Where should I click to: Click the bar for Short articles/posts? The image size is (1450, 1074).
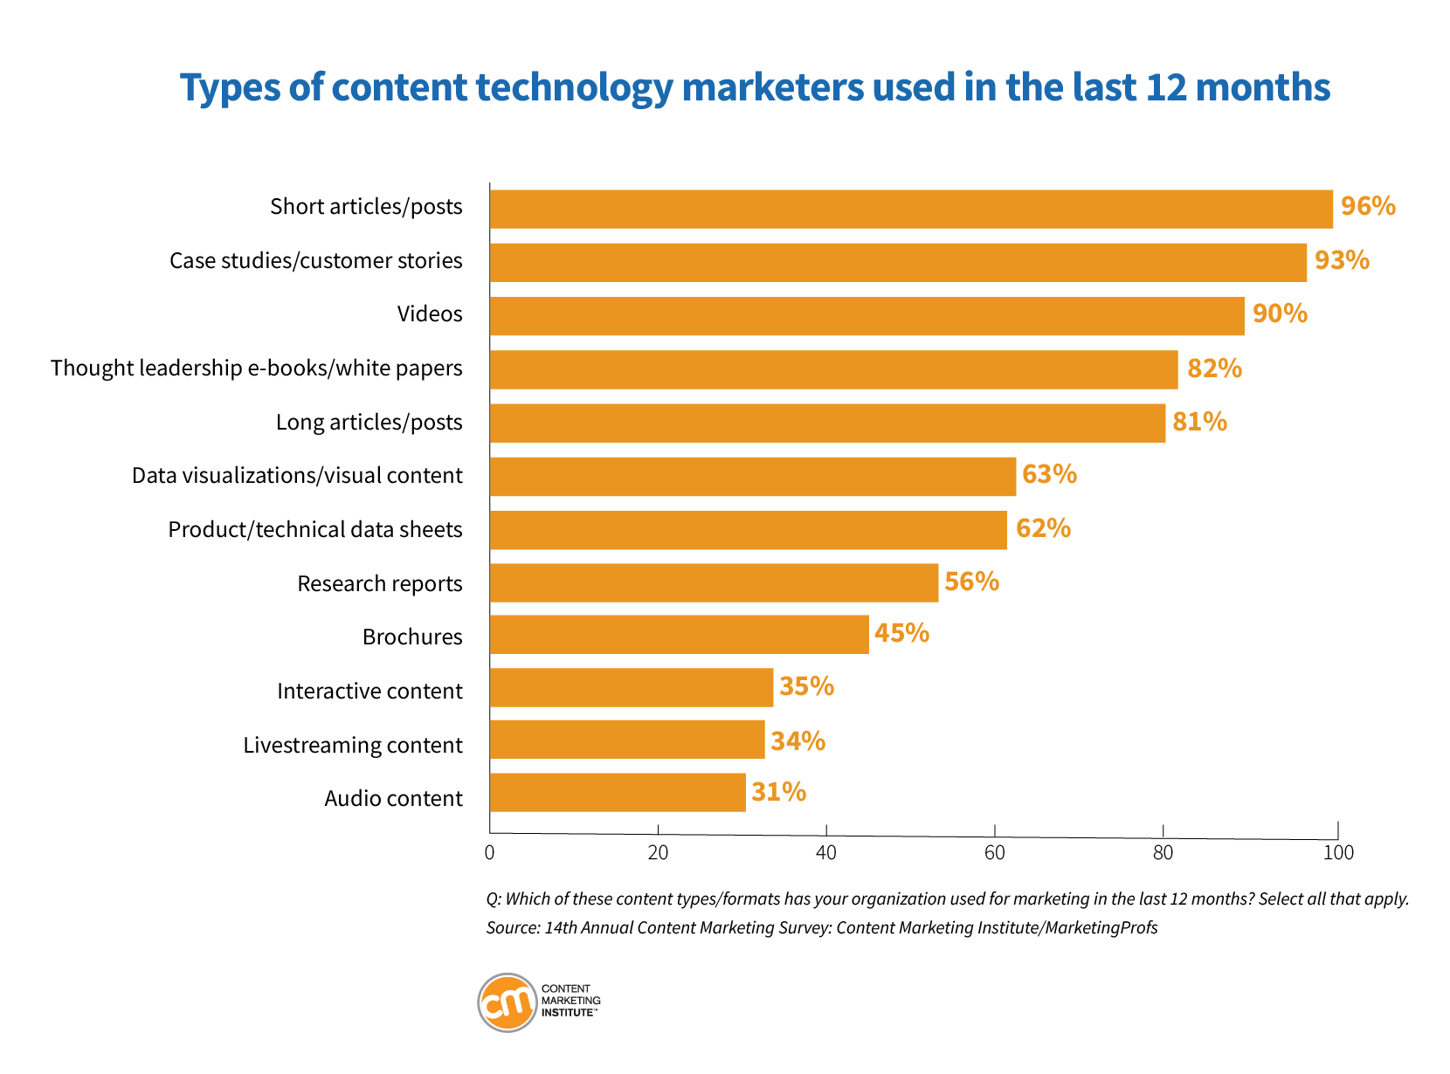[911, 210]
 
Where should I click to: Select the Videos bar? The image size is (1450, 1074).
[867, 316]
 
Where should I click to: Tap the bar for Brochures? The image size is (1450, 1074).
[679, 635]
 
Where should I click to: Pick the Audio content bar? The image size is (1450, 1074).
[618, 793]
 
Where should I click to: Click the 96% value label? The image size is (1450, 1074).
[1368, 207]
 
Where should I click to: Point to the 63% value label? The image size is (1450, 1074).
[1049, 475]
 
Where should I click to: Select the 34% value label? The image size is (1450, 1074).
[797, 741]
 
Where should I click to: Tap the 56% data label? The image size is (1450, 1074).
[971, 582]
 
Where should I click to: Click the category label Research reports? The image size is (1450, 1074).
[379, 583]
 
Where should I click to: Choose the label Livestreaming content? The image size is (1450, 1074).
[352, 745]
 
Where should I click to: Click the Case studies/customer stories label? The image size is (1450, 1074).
[315, 261]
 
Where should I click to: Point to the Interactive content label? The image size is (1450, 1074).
[369, 691]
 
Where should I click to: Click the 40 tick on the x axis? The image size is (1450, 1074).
[825, 853]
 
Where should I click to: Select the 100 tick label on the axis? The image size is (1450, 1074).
[1337, 853]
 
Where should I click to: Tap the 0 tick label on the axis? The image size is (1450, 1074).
[489, 853]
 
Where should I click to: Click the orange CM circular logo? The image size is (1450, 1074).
[507, 1002]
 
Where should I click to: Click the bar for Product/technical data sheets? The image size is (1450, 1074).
[748, 530]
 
